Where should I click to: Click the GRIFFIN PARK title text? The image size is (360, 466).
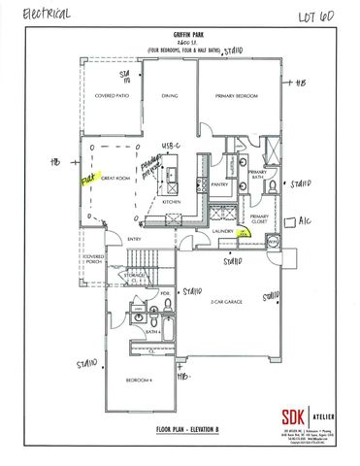click(180, 33)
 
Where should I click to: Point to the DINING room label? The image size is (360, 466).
click(170, 96)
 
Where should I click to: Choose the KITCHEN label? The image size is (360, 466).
click(173, 201)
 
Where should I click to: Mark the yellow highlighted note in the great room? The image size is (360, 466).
click(86, 180)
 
